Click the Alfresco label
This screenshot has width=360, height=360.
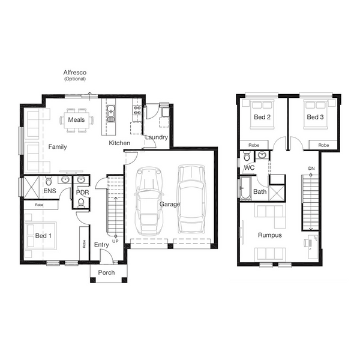[75, 73]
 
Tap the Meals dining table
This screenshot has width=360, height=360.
[76, 121]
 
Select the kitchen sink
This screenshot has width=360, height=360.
[111, 113]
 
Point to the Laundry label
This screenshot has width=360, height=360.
[157, 137]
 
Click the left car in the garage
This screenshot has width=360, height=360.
[149, 201]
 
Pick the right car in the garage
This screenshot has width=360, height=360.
[191, 199]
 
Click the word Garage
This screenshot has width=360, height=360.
[170, 204]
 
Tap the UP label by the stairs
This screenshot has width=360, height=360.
[115, 241]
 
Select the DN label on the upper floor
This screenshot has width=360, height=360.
[311, 169]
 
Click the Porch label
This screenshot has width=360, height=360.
[106, 272]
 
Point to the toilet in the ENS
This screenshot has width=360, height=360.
[49, 181]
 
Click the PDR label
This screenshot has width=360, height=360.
[82, 193]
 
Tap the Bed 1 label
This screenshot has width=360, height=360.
[43, 236]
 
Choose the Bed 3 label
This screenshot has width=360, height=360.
[315, 117]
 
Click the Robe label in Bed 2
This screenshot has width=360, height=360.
[254, 145]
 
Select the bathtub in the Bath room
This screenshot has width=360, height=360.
[245, 188]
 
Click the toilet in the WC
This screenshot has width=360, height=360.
[247, 156]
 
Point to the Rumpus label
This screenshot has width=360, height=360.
[270, 235]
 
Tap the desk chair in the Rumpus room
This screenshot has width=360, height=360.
[307, 242]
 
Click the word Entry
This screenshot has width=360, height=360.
[101, 245]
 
